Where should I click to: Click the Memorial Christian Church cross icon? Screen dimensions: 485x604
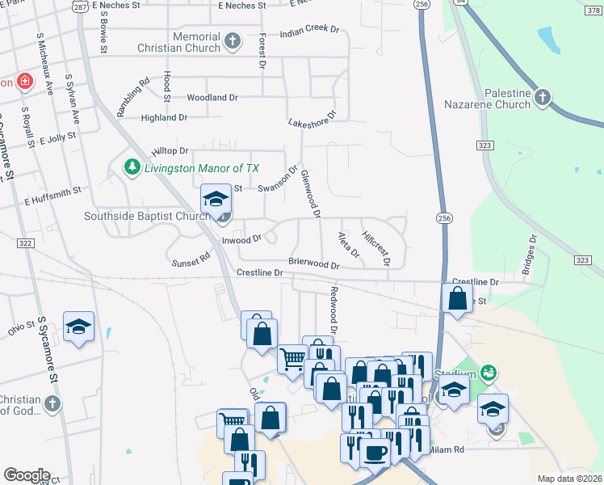(x=233, y=41)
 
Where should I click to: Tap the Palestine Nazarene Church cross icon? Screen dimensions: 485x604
(x=543, y=98)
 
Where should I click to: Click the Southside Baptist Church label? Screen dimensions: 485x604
(x=148, y=217)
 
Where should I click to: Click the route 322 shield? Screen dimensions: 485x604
(x=25, y=243)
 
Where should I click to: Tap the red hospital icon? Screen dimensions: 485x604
(x=25, y=82)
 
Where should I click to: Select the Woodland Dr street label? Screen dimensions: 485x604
(x=212, y=98)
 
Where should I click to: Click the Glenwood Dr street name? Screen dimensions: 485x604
(x=311, y=194)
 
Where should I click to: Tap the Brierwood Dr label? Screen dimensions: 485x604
(x=314, y=264)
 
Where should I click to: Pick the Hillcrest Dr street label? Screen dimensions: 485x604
(x=376, y=249)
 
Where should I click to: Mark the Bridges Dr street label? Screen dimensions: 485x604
(x=532, y=255)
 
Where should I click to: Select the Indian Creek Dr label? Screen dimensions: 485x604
(x=309, y=31)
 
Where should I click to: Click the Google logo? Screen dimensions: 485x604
(x=27, y=474)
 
